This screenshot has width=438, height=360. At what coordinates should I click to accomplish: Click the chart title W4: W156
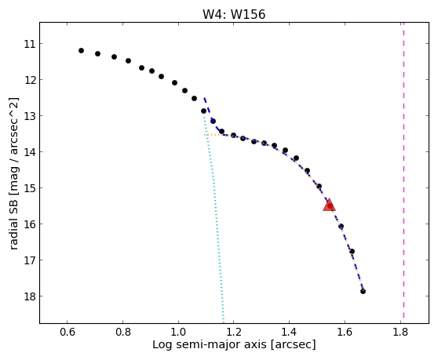(234, 14)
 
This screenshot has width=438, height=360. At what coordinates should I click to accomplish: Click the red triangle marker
(329, 205)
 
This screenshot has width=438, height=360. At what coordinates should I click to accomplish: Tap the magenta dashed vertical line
(403, 170)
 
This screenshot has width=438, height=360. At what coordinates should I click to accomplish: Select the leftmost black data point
(81, 50)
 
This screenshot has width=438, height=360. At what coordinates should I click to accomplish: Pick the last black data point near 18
(363, 291)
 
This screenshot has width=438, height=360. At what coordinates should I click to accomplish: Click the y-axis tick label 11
(30, 44)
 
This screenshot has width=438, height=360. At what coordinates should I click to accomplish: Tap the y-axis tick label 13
(30, 116)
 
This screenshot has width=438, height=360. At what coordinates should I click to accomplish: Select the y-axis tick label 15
(30, 188)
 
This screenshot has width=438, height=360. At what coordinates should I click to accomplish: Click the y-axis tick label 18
(30, 296)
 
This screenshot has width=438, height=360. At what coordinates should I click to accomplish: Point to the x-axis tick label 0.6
(68, 332)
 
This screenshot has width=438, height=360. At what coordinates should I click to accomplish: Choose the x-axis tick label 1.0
(178, 332)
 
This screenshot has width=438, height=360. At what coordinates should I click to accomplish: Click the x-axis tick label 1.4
(290, 332)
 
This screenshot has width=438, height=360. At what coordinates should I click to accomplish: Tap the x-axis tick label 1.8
(400, 332)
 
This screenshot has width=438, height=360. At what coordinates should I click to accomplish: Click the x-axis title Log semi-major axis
(210, 344)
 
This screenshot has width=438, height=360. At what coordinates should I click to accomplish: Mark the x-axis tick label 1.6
(345, 332)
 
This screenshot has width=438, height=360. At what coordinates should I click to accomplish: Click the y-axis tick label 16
(30, 224)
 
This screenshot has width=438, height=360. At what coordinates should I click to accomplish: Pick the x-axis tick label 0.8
(123, 332)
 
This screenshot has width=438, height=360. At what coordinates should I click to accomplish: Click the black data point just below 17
(352, 252)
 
